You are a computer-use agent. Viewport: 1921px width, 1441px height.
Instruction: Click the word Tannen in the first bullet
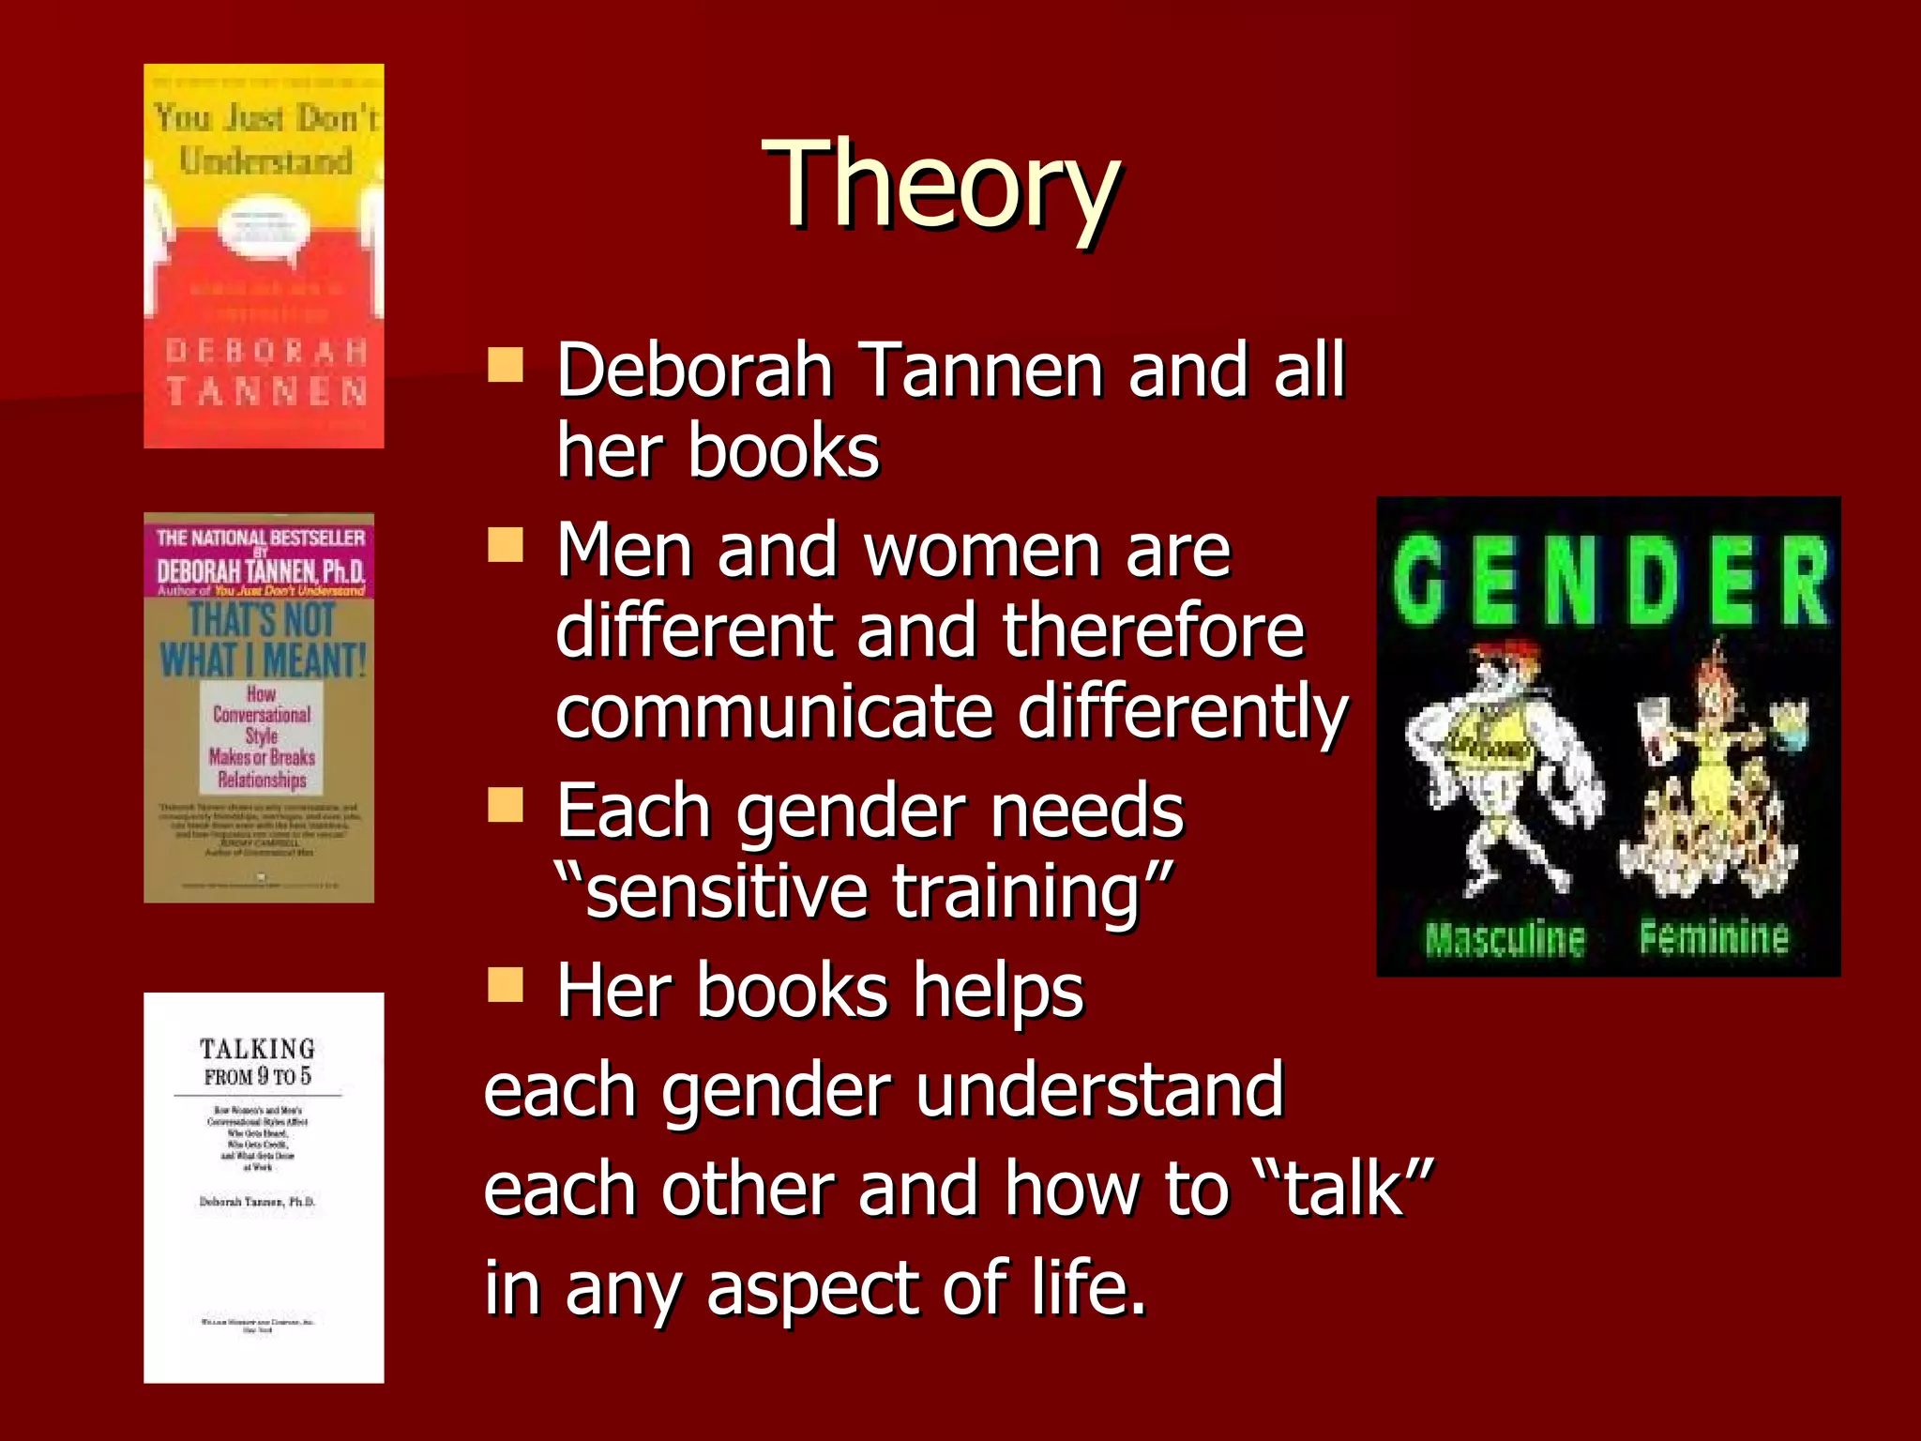[981, 371]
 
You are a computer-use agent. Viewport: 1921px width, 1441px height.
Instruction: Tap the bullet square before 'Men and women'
[506, 544]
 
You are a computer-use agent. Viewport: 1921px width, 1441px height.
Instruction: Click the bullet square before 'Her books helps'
[506, 985]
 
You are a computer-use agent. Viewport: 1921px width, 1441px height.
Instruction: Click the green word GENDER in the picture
[1609, 582]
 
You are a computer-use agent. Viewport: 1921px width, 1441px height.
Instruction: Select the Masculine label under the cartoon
[1505, 938]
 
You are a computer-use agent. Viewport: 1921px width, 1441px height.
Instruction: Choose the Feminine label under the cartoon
[1714, 936]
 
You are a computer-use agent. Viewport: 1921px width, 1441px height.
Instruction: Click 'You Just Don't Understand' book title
[266, 139]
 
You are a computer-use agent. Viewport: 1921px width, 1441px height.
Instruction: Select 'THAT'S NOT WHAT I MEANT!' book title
[262, 640]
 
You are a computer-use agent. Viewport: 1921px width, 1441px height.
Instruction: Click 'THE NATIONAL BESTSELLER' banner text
[260, 538]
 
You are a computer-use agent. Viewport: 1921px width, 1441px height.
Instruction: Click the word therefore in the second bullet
[1153, 630]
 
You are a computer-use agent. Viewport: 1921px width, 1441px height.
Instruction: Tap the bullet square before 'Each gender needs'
[506, 804]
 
